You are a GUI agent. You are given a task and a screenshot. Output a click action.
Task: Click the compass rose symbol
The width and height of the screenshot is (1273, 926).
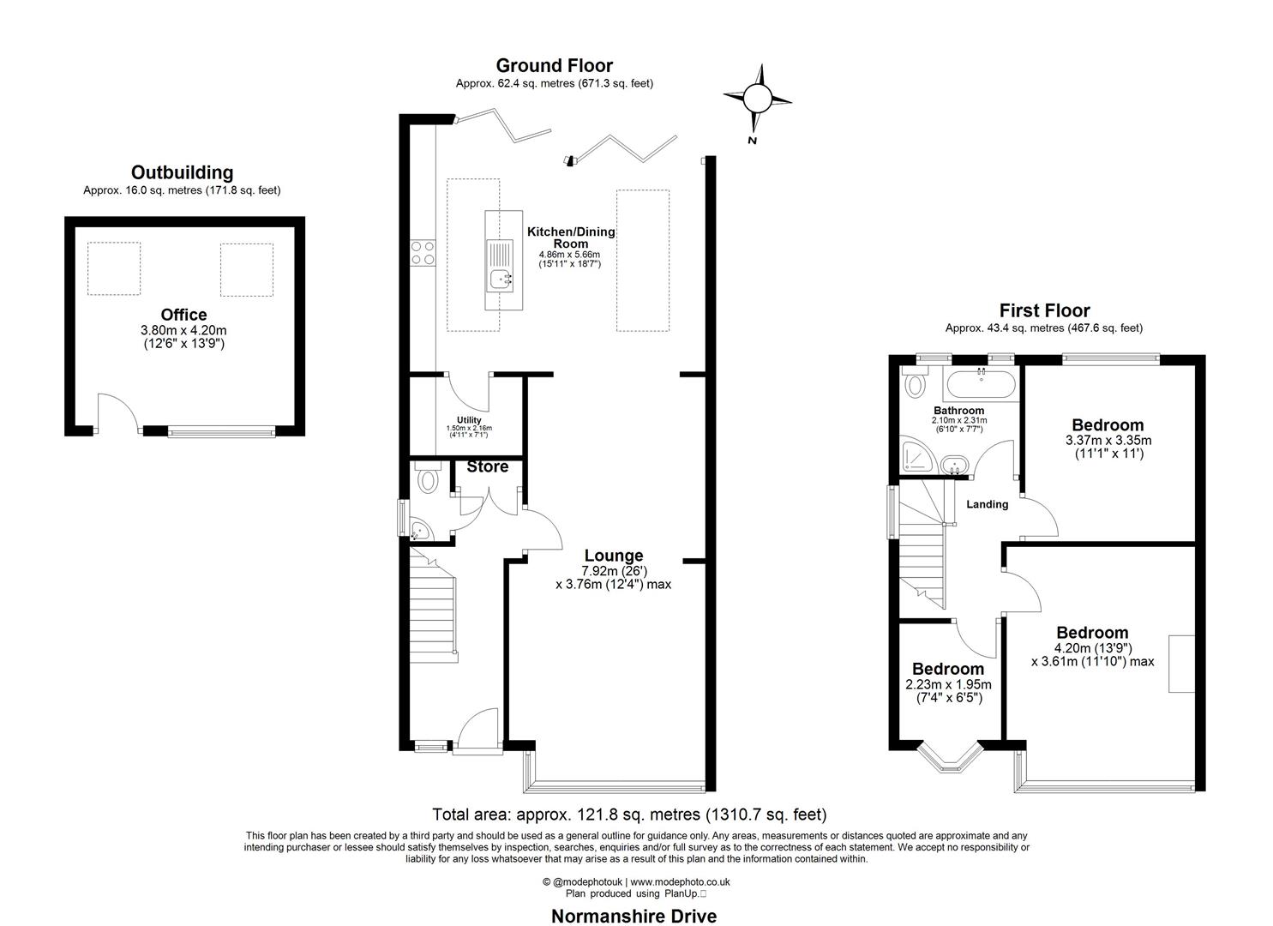758,99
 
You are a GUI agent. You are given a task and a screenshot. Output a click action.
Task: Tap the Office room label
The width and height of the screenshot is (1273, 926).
184,316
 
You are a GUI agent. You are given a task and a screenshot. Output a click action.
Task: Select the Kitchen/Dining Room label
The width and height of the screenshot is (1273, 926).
571,238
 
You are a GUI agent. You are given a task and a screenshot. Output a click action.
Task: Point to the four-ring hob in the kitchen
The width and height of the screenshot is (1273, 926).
422,252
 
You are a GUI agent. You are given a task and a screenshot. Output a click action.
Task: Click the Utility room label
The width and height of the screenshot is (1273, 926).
469,420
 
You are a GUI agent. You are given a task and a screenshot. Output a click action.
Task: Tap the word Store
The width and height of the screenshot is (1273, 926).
488,467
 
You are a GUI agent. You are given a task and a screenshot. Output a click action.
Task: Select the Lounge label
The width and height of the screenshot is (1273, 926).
613,556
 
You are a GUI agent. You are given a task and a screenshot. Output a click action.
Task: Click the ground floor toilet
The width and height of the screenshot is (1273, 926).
426,480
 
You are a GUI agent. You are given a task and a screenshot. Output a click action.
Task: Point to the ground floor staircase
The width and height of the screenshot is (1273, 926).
433,609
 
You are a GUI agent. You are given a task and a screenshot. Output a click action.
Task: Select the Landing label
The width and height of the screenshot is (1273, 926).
987,504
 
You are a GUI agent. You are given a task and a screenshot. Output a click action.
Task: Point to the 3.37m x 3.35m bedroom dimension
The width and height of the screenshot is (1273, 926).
1108,441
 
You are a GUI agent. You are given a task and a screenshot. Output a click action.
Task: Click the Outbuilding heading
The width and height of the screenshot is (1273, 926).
182,173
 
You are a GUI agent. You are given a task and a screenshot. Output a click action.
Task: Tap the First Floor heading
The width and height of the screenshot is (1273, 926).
1044,310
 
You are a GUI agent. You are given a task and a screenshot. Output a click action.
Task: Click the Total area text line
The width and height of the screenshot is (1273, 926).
629,815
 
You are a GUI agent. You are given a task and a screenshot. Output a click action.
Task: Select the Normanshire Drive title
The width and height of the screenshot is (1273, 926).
633,916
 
